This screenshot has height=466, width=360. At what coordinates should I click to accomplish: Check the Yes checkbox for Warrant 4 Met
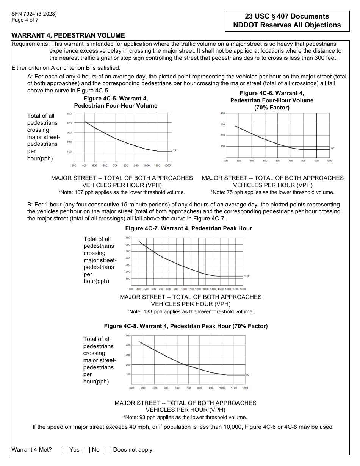point(64,450)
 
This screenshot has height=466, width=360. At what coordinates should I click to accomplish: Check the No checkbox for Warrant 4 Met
point(87,450)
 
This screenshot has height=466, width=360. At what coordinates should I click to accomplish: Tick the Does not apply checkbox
point(108,450)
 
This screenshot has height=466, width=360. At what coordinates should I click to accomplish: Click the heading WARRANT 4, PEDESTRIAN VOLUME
point(68,35)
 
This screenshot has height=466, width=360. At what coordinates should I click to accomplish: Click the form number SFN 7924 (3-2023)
point(34,14)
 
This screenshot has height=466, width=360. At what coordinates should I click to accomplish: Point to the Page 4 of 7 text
point(25,20)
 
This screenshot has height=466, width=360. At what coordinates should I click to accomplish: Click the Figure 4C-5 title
point(116,102)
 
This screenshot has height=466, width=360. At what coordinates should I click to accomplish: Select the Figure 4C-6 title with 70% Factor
point(272,100)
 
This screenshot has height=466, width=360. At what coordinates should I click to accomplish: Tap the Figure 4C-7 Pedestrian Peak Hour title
point(188,228)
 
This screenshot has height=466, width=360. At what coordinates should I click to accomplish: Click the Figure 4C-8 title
point(186,326)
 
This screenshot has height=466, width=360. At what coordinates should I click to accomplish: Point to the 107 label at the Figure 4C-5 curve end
point(175,150)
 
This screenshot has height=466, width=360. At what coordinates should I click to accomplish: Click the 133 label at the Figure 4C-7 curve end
point(247,276)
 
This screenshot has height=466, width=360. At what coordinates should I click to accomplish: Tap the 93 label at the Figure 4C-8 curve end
point(248,375)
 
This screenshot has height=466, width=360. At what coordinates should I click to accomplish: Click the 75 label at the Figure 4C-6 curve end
point(332,149)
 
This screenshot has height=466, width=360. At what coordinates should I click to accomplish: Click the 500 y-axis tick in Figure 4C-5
point(69,114)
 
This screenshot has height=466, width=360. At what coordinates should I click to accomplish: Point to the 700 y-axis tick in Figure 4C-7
point(128,238)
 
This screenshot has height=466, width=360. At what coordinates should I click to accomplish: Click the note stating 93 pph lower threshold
point(185,417)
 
